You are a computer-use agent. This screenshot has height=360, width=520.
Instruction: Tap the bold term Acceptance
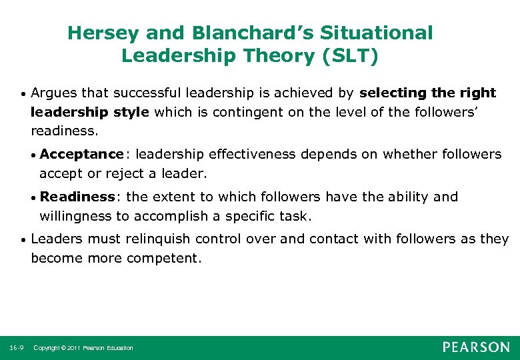pos(81,155)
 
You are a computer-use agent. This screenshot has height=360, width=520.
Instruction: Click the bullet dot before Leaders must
pos(23,239)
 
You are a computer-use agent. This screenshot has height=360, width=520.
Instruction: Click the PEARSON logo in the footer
pos(475,347)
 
